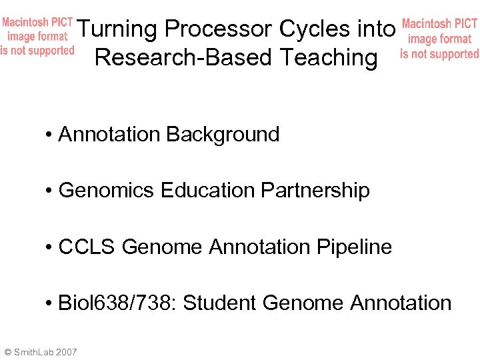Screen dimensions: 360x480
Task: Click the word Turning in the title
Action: coord(117,29)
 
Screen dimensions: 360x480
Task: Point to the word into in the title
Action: coord(375,29)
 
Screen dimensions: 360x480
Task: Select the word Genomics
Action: coord(107,191)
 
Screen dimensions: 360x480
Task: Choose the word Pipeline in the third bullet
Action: coord(354,247)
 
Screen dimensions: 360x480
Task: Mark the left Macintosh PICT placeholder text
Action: coord(37,37)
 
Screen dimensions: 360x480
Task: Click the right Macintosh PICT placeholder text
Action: coord(439,39)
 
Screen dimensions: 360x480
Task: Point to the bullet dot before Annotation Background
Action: coord(50,135)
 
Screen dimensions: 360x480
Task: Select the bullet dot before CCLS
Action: coord(50,248)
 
